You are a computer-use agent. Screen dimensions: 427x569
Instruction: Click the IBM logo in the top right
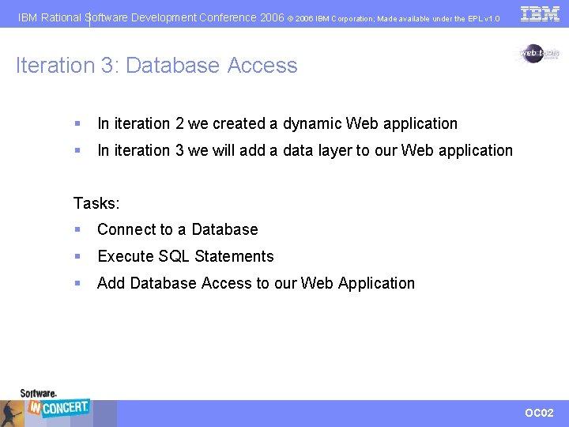click(541, 13)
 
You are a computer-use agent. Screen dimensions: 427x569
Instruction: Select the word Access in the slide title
click(262, 66)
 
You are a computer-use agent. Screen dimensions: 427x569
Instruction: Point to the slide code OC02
click(539, 413)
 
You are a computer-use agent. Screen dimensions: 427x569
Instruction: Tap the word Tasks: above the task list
click(96, 203)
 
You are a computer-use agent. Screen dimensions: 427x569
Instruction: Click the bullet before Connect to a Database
click(77, 230)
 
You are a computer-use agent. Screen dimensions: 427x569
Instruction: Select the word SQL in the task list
click(174, 256)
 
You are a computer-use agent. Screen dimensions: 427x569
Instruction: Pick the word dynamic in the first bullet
click(312, 124)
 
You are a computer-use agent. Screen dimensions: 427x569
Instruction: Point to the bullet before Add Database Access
click(77, 284)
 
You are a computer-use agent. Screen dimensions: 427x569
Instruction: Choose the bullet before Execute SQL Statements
click(77, 257)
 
